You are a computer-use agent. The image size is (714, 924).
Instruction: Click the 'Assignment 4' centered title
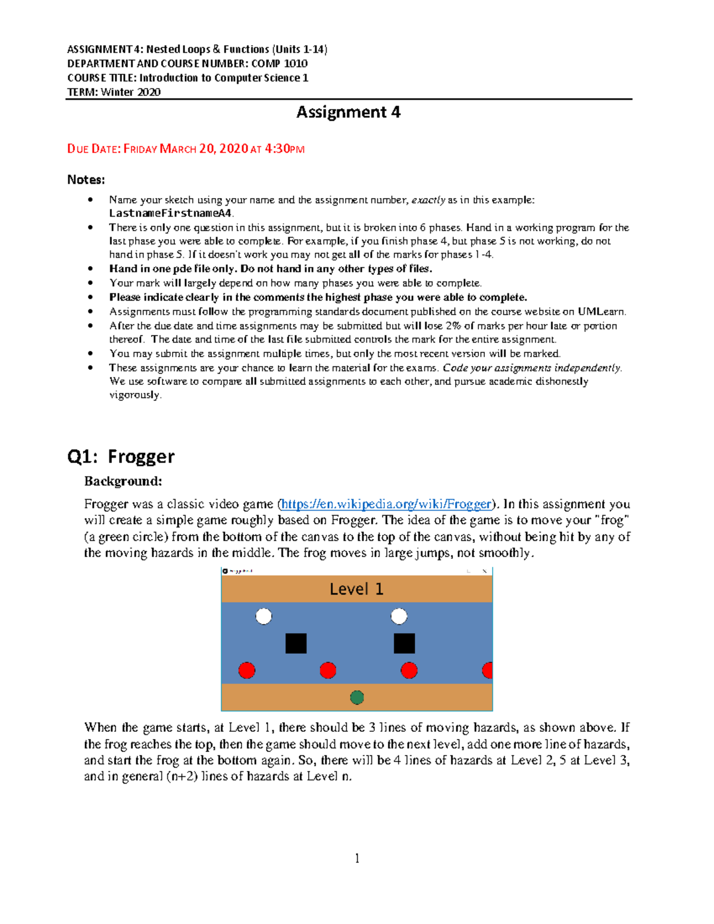click(348, 112)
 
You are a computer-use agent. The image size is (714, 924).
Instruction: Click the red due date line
click(186, 149)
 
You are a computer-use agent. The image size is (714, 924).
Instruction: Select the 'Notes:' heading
click(86, 180)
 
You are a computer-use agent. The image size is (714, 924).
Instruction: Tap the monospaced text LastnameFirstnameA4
click(171, 213)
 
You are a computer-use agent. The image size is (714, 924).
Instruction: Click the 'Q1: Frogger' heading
click(121, 456)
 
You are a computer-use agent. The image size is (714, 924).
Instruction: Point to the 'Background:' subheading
click(123, 481)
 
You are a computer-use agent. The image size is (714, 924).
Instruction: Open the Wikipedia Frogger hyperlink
click(386, 504)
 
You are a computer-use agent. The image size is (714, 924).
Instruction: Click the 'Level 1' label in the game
click(356, 589)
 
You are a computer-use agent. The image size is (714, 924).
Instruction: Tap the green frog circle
click(357, 697)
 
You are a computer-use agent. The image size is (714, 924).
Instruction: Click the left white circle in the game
click(264, 616)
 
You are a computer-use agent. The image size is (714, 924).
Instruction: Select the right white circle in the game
click(399, 616)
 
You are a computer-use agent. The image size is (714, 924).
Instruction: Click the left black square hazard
click(296, 643)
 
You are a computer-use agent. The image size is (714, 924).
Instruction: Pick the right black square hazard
click(404, 643)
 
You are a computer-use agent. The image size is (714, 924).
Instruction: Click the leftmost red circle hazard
click(247, 671)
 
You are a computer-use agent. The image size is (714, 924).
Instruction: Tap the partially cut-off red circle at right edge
click(488, 671)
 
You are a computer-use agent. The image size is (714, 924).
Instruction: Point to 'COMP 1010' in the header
click(280, 64)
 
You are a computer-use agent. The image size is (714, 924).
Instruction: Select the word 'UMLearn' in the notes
click(601, 311)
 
